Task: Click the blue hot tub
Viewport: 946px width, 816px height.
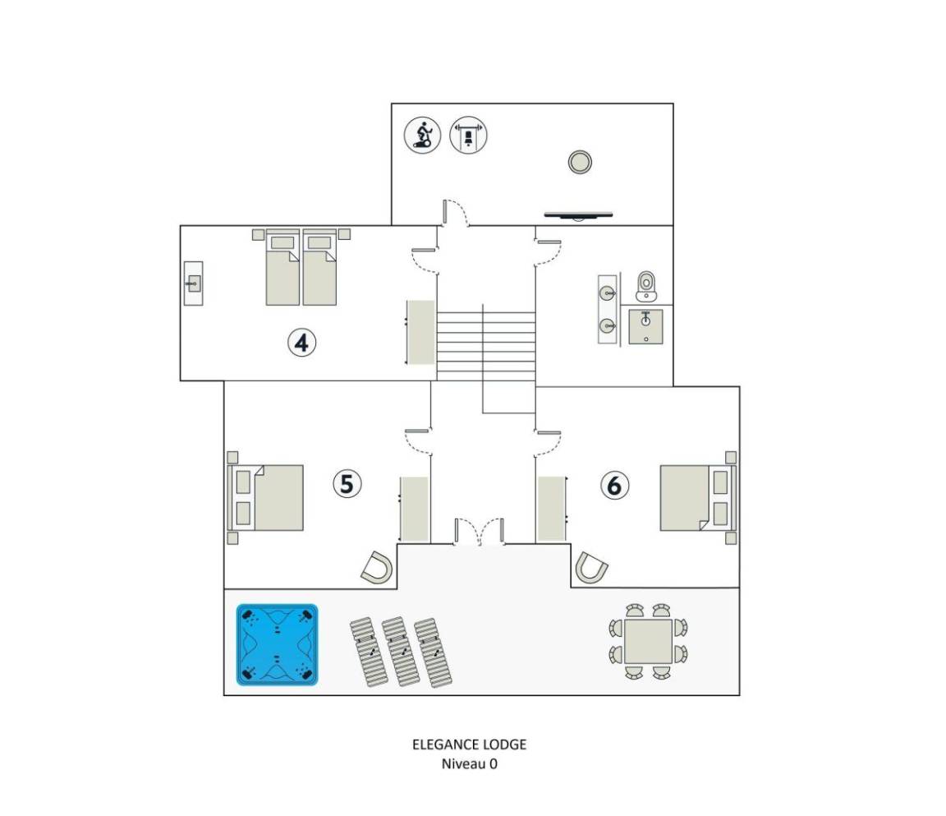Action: [277, 644]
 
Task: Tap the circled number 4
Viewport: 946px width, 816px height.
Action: [301, 343]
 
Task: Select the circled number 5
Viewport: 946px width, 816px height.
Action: [347, 483]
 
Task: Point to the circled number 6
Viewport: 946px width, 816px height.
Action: [614, 485]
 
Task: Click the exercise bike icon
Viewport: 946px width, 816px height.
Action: [422, 135]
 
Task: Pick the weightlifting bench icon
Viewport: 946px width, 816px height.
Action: [468, 135]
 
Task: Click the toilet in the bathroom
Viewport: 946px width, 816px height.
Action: [645, 286]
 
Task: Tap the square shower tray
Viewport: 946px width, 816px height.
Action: [645, 326]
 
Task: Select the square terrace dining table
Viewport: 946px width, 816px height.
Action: [648, 641]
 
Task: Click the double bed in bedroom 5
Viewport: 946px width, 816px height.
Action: [265, 498]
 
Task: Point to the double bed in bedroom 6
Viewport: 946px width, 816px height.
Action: [698, 498]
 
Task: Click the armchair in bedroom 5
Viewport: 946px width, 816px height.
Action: [377, 568]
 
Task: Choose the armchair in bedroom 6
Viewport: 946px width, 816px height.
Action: [590, 568]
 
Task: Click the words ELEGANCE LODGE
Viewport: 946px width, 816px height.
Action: [470, 745]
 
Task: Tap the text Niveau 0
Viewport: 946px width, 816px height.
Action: [470, 763]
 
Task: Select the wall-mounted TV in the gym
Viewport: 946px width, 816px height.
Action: [579, 214]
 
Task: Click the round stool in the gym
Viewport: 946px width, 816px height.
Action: [580, 162]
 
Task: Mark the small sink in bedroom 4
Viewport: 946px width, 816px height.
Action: [194, 283]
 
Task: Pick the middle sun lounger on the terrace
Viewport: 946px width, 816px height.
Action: [399, 651]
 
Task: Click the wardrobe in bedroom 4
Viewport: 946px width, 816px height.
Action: [420, 332]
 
